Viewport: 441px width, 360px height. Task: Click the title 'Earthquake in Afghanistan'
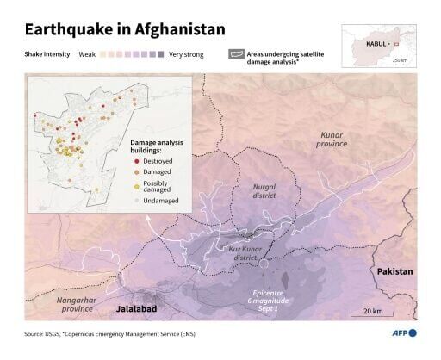(x=125, y=29)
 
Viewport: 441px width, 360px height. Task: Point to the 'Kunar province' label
(x=332, y=140)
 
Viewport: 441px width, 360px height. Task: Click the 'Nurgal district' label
(x=264, y=191)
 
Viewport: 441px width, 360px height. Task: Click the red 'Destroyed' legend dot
(x=137, y=160)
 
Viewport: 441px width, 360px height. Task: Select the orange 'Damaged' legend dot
(x=137, y=172)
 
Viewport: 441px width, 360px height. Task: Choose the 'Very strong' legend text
(x=187, y=54)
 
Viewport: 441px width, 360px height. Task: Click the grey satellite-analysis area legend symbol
(x=235, y=53)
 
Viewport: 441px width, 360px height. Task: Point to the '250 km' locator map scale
(x=401, y=60)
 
